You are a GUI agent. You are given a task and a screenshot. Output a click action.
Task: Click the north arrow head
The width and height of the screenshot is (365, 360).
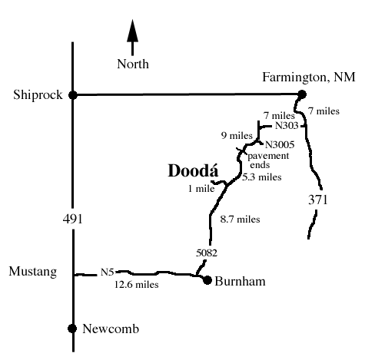133,31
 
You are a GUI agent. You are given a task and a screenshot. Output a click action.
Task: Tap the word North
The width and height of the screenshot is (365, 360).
133,64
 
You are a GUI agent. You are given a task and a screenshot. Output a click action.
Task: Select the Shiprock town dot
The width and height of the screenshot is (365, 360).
73,95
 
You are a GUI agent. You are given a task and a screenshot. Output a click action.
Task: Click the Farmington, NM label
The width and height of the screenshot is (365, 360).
309,77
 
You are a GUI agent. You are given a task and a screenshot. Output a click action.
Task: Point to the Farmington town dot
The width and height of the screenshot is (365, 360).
302,94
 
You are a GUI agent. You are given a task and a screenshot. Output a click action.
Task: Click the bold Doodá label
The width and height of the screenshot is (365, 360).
193,170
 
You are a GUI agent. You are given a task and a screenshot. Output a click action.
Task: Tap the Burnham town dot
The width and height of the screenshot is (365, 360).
207,280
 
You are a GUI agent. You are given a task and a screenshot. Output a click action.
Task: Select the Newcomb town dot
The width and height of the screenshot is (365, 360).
72,329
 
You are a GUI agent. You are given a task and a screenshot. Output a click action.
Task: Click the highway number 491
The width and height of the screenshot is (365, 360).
73,219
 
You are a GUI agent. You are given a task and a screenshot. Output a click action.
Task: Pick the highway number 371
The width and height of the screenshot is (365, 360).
318,200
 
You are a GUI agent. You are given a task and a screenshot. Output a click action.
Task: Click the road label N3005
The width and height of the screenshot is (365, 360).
280,145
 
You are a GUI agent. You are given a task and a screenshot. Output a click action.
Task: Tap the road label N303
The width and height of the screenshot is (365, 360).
287,126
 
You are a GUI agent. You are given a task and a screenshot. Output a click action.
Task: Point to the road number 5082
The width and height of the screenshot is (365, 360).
207,253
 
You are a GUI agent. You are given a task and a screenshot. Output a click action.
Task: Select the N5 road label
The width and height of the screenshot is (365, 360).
107,272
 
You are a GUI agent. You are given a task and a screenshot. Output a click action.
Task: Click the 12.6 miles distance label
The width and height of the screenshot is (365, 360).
137,284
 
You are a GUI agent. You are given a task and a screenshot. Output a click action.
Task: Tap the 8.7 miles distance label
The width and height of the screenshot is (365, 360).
240,219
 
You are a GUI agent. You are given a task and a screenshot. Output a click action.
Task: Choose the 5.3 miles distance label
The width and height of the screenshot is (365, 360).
262,177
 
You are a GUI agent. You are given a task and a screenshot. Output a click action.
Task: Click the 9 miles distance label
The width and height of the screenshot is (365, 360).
237,135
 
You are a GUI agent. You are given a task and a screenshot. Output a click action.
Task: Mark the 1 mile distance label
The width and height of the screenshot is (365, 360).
201,189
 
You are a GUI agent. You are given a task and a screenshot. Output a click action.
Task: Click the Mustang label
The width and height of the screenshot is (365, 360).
33,272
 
